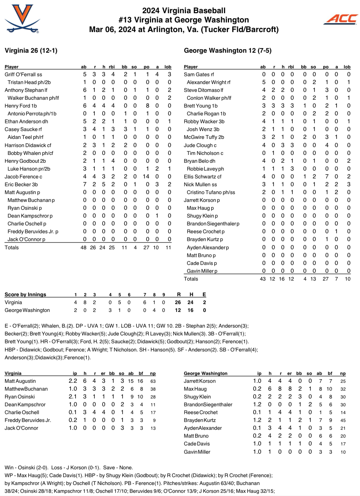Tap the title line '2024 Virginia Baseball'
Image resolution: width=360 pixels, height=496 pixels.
coord(184,11)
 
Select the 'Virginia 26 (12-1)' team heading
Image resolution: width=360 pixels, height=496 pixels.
coord(31,51)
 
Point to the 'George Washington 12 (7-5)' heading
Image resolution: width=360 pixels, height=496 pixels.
coord(228,51)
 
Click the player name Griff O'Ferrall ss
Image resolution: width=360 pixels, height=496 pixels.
coord(24,74)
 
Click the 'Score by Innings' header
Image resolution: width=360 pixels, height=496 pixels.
coord(25,294)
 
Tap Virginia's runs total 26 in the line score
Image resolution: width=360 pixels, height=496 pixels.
coord(178,302)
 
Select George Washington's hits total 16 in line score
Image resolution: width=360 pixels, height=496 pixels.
coord(191,310)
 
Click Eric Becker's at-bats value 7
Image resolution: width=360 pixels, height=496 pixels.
coord(85,184)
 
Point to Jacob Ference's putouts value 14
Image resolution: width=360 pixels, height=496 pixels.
coord(146,177)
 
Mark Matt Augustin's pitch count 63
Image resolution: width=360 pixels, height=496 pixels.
coord(153,381)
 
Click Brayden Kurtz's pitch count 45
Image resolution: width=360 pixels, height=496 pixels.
coord(343,420)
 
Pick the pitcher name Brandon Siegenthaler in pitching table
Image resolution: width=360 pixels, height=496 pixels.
coord(208,404)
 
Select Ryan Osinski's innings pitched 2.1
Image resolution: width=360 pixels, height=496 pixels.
coord(73,397)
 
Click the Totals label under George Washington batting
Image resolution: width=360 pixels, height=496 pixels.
coord(191,279)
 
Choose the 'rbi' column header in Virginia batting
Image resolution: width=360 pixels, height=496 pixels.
coord(112,67)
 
